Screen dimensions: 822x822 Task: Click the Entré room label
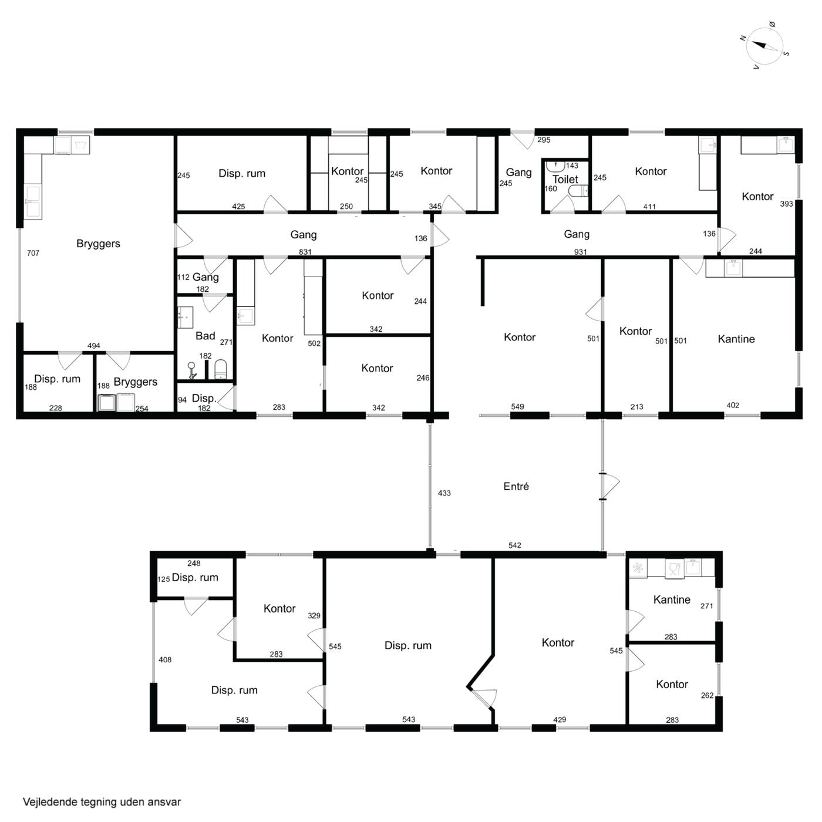(x=516, y=486)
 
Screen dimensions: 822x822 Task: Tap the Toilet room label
(x=565, y=179)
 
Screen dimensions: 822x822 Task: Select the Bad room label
(x=205, y=336)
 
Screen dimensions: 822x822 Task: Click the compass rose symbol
(x=765, y=46)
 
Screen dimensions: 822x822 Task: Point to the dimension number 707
(x=33, y=253)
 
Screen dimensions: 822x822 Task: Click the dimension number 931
(x=580, y=252)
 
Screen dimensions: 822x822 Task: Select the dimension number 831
(x=305, y=252)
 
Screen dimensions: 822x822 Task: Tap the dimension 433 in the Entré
(x=444, y=493)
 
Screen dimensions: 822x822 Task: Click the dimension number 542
(x=515, y=545)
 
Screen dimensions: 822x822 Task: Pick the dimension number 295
(x=544, y=140)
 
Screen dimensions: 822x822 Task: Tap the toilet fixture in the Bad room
(x=221, y=369)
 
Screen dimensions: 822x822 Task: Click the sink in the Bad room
(x=185, y=317)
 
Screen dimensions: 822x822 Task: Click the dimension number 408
(x=165, y=659)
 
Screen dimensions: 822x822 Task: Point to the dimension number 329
(x=314, y=615)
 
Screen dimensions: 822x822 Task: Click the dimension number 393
(x=786, y=204)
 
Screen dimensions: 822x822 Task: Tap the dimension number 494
(x=93, y=345)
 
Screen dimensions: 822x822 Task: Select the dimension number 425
(x=238, y=207)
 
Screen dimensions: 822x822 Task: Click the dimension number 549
(x=517, y=406)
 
